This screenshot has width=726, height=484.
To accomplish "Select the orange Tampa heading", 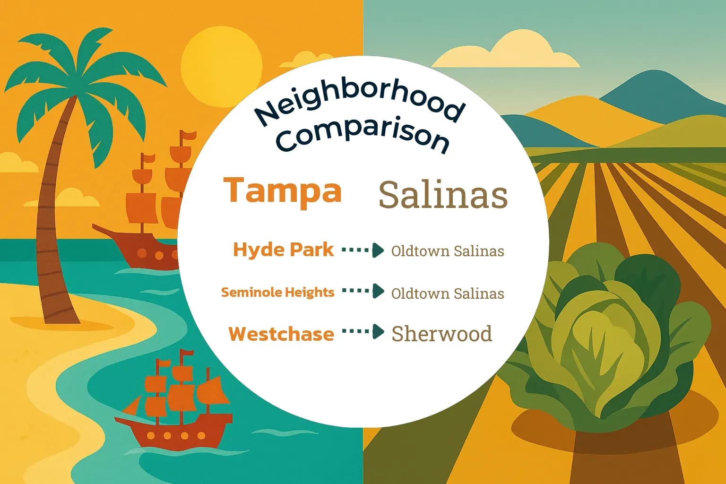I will tap(283, 190).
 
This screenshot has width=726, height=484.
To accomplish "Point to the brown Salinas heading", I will tap(443, 195).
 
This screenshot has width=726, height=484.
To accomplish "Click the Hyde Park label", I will tap(283, 250).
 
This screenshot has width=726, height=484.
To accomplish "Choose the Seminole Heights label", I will tap(277, 292).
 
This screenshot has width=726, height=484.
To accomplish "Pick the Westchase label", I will tap(281, 334).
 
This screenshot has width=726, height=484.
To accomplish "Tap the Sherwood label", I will tap(441, 334).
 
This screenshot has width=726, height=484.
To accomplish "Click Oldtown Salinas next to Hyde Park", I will tap(447, 251).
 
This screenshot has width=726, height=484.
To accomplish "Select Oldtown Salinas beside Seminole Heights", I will tap(447, 294).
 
